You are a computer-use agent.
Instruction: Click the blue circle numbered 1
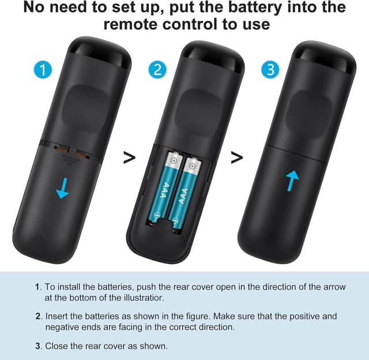42,70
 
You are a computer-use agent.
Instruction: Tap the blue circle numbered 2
157,70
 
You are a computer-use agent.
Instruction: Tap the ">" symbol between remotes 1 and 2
130,157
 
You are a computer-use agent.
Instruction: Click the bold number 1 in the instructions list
37,287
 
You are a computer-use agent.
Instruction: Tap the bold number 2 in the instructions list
37,317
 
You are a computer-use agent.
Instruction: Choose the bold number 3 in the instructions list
37,346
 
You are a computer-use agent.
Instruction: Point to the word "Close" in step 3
57,346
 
